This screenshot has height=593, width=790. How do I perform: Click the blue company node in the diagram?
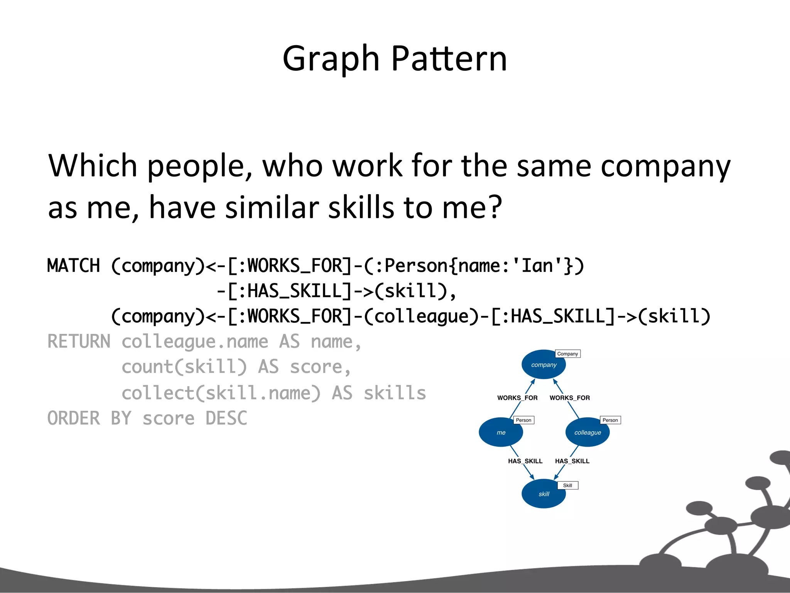(x=543, y=364)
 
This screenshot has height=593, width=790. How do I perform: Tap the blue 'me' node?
(x=501, y=432)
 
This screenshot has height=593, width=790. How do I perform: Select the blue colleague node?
(x=587, y=432)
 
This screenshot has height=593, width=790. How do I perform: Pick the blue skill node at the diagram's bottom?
(x=543, y=494)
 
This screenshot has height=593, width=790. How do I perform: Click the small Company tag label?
(x=567, y=354)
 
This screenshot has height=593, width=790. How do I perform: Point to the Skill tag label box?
(x=567, y=485)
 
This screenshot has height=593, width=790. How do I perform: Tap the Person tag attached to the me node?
(x=523, y=420)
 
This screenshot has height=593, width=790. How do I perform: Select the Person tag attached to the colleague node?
(x=610, y=420)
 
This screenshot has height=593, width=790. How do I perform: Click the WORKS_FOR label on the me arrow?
(x=517, y=398)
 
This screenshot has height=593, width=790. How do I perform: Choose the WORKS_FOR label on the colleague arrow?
(x=569, y=398)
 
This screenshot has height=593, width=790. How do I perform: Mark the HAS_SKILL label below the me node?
(x=525, y=461)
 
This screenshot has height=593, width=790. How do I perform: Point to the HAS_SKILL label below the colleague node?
(x=572, y=461)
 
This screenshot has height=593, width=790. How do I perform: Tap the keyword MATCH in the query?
(x=73, y=266)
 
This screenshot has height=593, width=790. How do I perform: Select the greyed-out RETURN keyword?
(x=79, y=342)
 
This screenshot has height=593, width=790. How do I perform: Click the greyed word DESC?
(x=226, y=418)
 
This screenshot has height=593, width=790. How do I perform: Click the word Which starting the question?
(x=93, y=166)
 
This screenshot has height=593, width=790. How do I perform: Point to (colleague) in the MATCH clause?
(x=421, y=316)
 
